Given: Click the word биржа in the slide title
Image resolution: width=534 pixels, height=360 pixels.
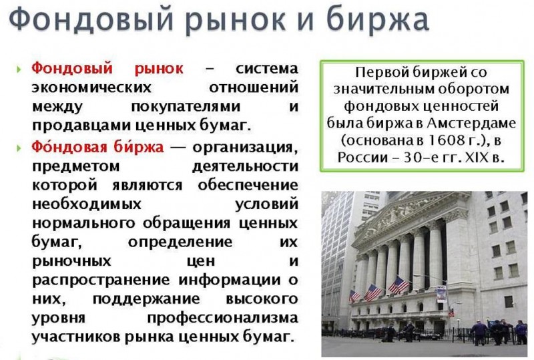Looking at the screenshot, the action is click(x=377, y=21).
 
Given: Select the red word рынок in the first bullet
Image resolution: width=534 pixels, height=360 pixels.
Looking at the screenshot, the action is click(x=159, y=69).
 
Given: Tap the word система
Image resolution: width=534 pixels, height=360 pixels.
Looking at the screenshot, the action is click(x=267, y=69).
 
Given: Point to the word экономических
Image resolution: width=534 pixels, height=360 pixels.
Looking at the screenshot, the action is click(x=91, y=87).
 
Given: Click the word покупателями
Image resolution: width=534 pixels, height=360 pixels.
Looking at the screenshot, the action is click(x=186, y=107).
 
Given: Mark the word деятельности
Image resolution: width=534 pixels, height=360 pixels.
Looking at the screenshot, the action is click(x=245, y=167).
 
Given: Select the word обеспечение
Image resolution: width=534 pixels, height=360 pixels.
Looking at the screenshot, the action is click(x=248, y=186).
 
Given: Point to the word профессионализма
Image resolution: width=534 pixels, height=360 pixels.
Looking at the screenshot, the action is click(x=223, y=318).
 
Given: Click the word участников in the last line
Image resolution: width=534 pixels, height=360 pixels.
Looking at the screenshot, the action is click(x=76, y=337).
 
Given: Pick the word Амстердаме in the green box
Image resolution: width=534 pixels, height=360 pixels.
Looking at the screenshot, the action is click(x=471, y=123).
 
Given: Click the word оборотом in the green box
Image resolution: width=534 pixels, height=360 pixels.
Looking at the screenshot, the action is click(x=473, y=89).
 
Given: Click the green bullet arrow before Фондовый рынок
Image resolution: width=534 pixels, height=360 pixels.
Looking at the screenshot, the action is click(x=19, y=70).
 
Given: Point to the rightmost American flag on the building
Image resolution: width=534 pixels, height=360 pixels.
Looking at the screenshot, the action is click(x=398, y=285).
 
